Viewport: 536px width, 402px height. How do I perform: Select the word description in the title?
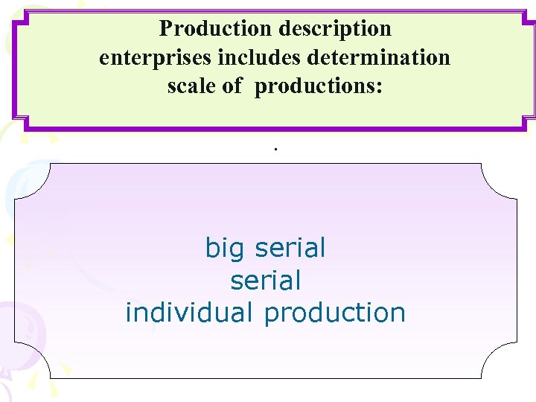(x=335, y=29)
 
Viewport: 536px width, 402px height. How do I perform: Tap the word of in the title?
(x=232, y=86)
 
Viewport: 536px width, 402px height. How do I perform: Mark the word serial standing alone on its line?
(x=266, y=281)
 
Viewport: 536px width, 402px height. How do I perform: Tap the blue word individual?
(x=191, y=313)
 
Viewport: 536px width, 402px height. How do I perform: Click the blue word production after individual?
(x=334, y=313)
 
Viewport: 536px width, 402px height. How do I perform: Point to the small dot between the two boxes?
(x=275, y=149)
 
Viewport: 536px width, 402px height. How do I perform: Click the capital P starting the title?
(x=165, y=29)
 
